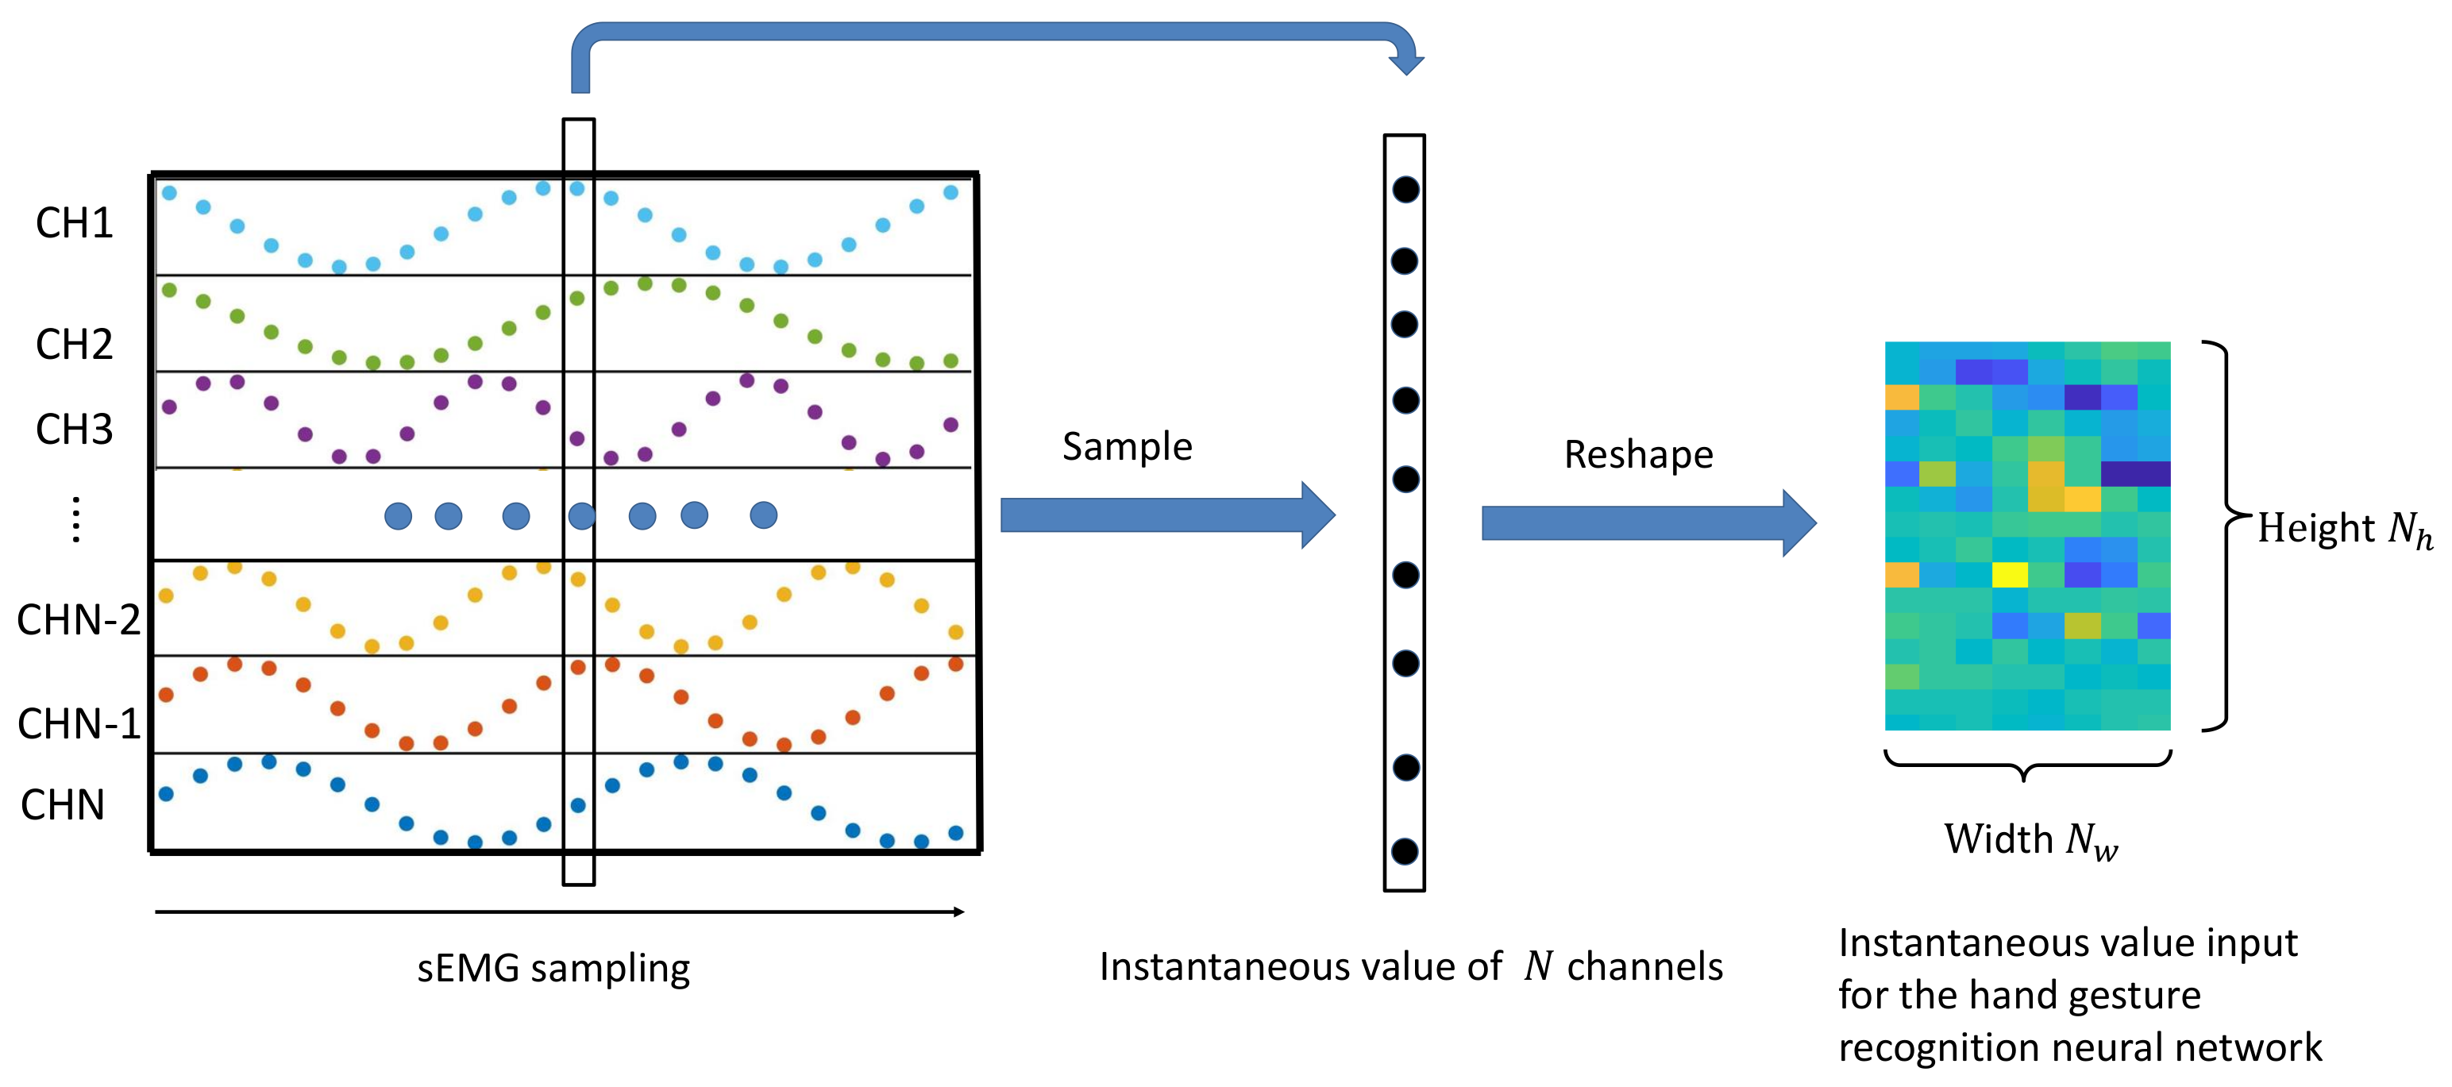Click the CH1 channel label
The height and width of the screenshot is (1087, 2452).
coord(75,223)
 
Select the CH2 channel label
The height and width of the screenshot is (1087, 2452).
coord(75,344)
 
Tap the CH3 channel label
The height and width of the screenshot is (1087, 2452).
coord(75,430)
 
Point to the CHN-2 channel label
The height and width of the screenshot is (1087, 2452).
coord(79,619)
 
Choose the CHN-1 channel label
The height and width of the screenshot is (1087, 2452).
coord(79,723)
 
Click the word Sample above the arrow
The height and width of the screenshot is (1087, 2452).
coord(1127,446)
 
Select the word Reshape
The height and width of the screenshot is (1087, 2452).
coord(1638,455)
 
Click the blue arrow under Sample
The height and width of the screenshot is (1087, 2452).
coord(1168,515)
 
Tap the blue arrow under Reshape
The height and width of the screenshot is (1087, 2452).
coord(1648,522)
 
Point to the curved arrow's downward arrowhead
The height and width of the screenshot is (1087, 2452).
coord(1406,64)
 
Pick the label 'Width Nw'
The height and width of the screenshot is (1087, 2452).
coord(2030,839)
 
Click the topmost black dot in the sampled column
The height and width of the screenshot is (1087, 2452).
coord(1405,190)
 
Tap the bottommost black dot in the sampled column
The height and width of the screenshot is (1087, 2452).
coord(1405,851)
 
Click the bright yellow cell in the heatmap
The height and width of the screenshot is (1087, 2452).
coord(2010,575)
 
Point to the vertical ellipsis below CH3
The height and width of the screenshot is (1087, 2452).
coord(76,520)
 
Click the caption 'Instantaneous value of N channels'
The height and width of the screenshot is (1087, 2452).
coord(1411,966)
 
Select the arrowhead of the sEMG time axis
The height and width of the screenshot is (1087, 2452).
coord(959,912)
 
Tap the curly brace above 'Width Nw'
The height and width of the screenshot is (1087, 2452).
coord(2027,765)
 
